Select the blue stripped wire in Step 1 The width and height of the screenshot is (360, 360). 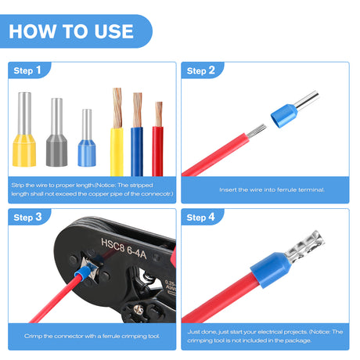coord(137,149)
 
